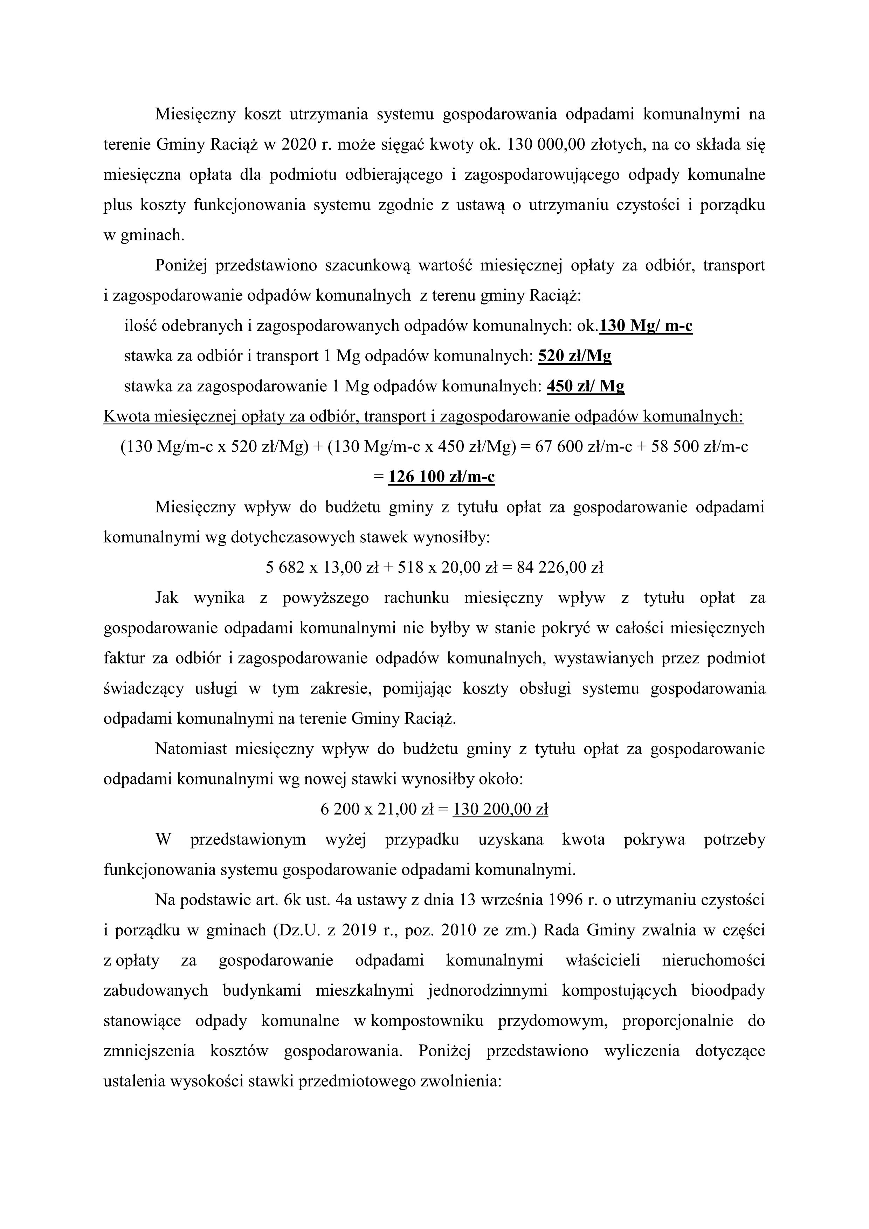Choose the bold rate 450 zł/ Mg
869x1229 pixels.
[585, 386]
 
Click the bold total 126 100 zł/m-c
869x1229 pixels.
[441, 476]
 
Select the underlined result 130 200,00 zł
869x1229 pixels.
[500, 809]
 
